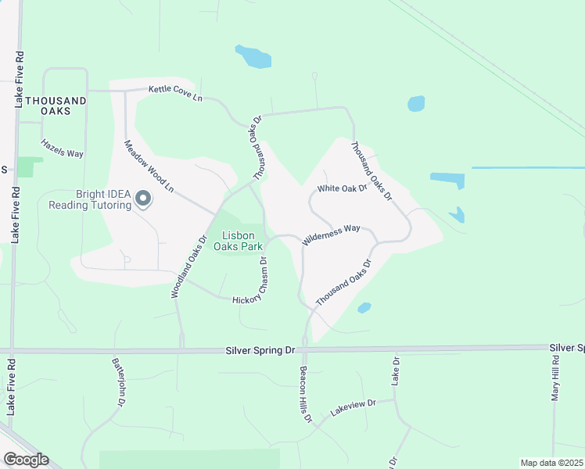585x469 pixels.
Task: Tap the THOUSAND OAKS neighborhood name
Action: pyautogui.click(x=55, y=106)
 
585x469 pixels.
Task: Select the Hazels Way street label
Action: pyautogui.click(x=62, y=149)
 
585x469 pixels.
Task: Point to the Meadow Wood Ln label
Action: pyautogui.click(x=149, y=166)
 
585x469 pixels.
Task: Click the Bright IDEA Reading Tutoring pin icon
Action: pyautogui.click(x=143, y=199)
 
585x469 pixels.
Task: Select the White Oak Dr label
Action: pyautogui.click(x=343, y=189)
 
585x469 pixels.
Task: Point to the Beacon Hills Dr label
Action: pyautogui.click(x=306, y=395)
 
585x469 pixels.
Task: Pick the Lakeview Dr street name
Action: pyautogui.click(x=353, y=407)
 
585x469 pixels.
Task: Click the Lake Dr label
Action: pyautogui.click(x=396, y=371)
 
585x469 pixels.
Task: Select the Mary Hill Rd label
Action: pyautogui.click(x=555, y=378)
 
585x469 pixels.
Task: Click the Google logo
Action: pyautogui.click(x=26, y=460)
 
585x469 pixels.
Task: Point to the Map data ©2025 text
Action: pyautogui.click(x=551, y=463)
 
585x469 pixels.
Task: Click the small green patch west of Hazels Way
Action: pyautogui.click(x=30, y=166)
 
